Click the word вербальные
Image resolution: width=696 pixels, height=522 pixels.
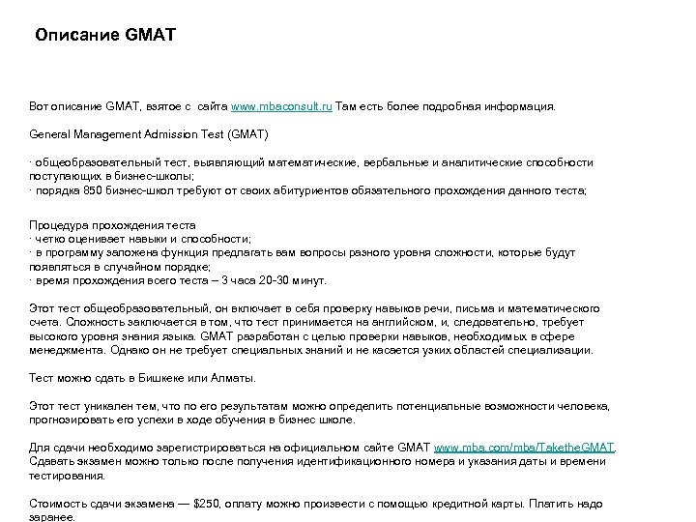coord(412,163)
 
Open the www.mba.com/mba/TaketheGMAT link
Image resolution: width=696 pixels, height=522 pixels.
coord(523,448)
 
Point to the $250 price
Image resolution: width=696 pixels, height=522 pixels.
coord(211,504)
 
